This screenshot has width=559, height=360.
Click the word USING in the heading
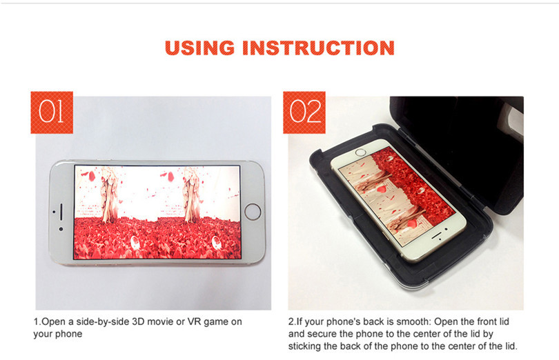[x=199, y=48]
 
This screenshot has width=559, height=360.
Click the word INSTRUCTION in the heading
[x=318, y=48]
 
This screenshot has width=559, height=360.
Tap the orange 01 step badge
[x=52, y=112]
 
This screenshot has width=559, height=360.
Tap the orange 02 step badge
[x=304, y=112]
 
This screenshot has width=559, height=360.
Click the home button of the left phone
[x=253, y=211]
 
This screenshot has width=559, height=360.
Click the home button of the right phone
[x=361, y=152]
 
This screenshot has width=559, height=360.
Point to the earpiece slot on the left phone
[x=61, y=212]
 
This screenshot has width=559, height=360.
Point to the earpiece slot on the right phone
[x=437, y=236]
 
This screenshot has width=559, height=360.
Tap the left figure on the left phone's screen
[x=108, y=195]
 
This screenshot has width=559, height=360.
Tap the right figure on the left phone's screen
[x=191, y=195]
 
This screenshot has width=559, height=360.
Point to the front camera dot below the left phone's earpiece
[x=61, y=229]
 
